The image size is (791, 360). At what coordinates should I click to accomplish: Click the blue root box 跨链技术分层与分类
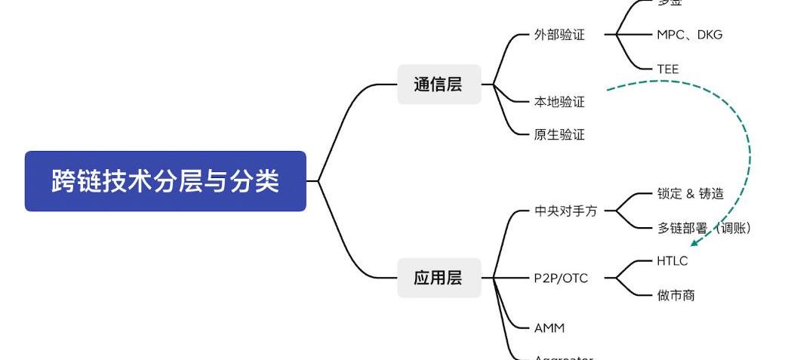pos(165,181)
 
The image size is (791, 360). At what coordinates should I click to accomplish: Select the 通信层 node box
pos(439,85)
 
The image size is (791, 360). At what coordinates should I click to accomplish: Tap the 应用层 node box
pos(439,278)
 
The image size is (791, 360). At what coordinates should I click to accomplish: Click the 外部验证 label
pos(559,35)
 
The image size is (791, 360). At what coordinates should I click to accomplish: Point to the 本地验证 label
pos(559,101)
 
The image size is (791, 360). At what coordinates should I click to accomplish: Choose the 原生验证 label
pos(559,135)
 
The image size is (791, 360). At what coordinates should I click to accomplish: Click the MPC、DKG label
pos(689,35)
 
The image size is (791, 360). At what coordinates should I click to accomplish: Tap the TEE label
pos(668,69)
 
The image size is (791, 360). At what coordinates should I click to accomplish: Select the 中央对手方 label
pos(565,211)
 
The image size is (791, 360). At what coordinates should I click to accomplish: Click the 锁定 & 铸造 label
pos(690,194)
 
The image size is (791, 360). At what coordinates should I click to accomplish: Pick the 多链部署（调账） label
pos(703,228)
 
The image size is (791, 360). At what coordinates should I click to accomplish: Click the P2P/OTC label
pos(561,278)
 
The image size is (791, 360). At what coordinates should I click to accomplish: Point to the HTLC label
pos(673,261)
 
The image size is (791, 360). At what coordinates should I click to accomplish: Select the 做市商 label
pos(676,295)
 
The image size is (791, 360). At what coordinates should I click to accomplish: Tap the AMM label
pos(549,328)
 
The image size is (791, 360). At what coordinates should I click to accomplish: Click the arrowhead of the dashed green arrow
pos(695,242)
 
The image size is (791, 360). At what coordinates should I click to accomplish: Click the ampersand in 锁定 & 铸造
pos(690,195)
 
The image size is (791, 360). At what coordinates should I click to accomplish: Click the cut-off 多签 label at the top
pos(669,3)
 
